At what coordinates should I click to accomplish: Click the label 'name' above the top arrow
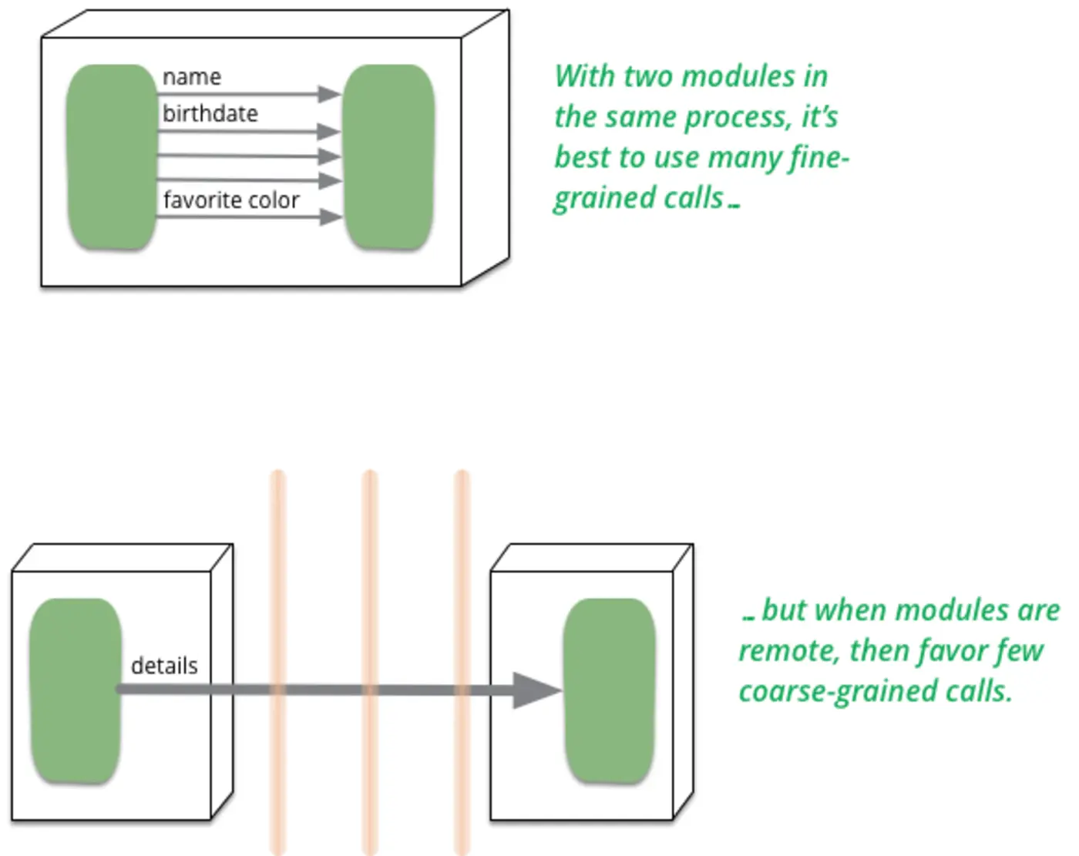point(192,77)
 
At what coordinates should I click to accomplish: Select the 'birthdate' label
point(210,114)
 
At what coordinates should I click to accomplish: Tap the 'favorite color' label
point(230,200)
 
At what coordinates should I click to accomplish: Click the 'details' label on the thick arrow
point(164,666)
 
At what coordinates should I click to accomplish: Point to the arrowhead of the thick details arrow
point(536,690)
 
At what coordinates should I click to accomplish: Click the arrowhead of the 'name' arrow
point(330,94)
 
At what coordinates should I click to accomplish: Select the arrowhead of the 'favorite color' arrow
point(331,217)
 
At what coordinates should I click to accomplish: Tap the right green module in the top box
point(388,157)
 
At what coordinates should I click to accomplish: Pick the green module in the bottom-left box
point(75,690)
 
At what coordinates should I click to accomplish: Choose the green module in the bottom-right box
point(609,690)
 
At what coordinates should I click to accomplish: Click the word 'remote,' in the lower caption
point(788,652)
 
